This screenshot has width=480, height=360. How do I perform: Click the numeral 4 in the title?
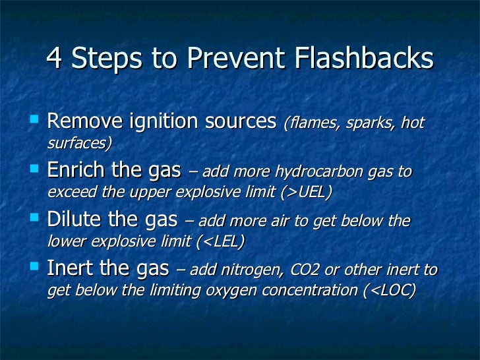point(55,60)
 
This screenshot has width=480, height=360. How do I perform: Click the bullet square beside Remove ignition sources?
point(36,120)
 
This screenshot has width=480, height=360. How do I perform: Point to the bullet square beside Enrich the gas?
point(36,169)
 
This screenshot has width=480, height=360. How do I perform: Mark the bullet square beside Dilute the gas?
point(36,219)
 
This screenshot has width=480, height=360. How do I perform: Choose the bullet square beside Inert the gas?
point(36,268)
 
